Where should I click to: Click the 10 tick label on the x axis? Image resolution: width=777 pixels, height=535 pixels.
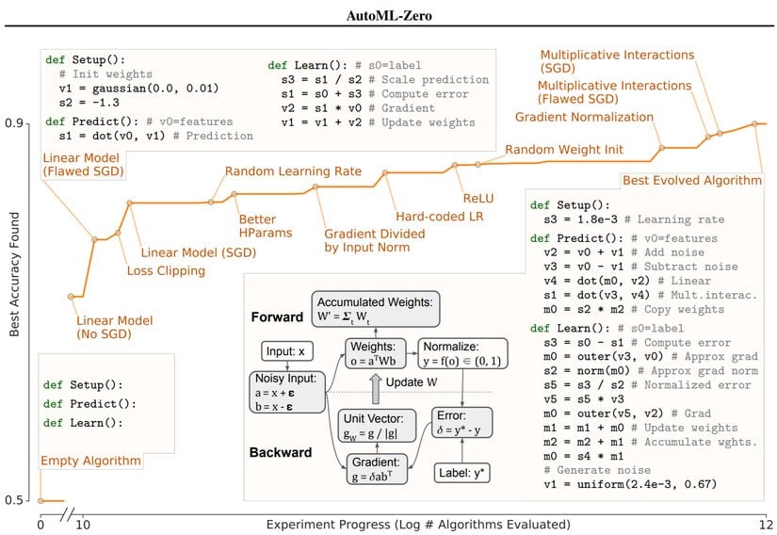82,524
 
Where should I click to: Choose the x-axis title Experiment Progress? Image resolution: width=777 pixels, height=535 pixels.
388,524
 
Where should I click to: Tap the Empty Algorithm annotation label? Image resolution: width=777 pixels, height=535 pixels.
91,462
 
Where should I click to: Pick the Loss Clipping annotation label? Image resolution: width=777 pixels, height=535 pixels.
166,271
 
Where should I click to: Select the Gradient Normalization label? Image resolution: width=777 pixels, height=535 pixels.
584,117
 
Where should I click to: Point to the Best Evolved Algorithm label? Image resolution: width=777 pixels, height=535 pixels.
692,180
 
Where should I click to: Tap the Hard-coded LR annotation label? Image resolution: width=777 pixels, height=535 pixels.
433,216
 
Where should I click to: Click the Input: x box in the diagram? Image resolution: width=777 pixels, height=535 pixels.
290,351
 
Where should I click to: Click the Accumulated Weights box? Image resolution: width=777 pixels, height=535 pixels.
374,308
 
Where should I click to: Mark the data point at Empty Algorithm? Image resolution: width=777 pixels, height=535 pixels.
40,500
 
